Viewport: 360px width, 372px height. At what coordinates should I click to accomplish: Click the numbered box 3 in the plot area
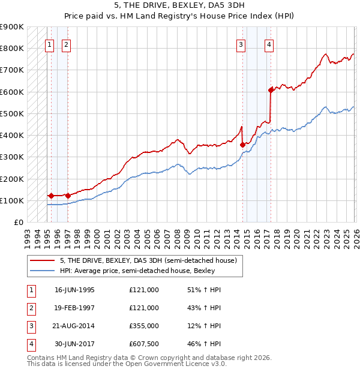coord(241,44)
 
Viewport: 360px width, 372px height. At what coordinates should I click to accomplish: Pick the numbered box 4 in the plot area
coord(269,44)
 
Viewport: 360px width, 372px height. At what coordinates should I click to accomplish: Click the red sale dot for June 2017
coord(271,90)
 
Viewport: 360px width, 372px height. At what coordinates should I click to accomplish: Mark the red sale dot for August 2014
coord(242,145)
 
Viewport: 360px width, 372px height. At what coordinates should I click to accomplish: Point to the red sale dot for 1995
coord(51,196)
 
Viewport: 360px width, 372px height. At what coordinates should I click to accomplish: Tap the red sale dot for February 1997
coord(68,196)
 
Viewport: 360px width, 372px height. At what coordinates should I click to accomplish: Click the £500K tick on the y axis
coord(11,113)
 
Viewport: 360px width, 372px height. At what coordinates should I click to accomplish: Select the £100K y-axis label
coord(11,200)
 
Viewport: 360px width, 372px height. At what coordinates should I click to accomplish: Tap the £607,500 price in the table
coord(144,344)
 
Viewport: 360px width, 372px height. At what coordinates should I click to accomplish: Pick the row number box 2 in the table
coord(29,308)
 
